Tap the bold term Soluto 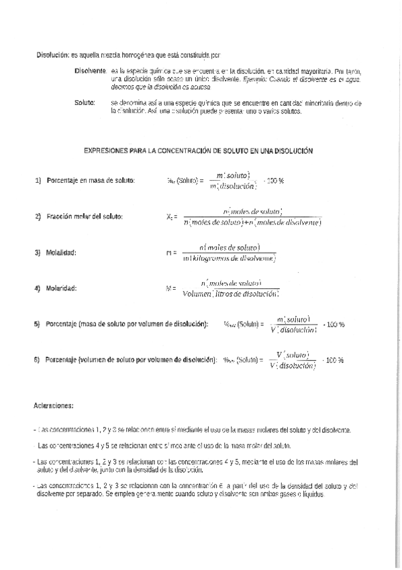click(x=85, y=102)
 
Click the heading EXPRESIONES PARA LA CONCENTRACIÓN click(x=199, y=152)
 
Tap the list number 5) click(x=38, y=325)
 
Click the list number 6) click(x=38, y=360)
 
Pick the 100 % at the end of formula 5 click(x=334, y=325)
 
